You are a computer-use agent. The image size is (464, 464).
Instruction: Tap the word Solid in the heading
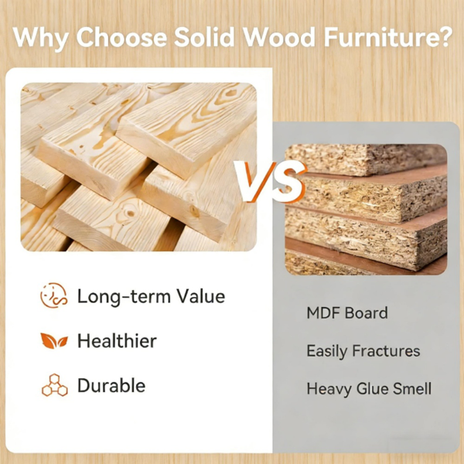coord(204,37)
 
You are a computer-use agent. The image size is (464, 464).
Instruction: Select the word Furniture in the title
coord(380,37)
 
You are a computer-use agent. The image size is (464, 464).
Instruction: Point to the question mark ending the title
coord(445,36)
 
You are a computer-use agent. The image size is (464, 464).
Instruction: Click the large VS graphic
coord(270,182)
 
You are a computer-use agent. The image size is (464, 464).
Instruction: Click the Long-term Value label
coord(151,296)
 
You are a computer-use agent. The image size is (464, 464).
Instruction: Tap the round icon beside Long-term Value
coord(54,295)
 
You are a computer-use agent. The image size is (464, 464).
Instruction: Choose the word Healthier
coord(117,341)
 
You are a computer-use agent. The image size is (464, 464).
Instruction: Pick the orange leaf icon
coord(54,341)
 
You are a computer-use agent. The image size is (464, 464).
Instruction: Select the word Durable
coord(111,386)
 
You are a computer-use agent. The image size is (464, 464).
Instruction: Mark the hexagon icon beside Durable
coord(54,385)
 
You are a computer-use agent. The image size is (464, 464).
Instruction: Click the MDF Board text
coord(347,313)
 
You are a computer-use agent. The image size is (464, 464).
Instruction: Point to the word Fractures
coord(386,351)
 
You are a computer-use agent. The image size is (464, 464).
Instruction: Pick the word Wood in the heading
coord(278,37)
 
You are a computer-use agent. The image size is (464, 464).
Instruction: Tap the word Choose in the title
coord(121,37)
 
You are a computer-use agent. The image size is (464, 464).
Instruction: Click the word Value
coord(200,296)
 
